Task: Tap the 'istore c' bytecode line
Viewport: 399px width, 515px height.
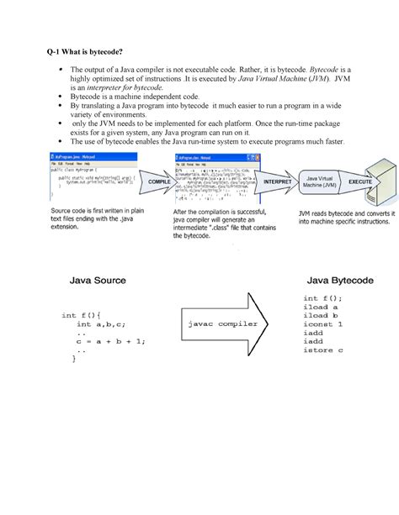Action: [x=325, y=350]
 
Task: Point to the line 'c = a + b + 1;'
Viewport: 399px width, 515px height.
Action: [x=109, y=341]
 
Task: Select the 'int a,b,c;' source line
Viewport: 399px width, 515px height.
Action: [x=101, y=323]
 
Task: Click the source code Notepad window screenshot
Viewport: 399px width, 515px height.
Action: [x=95, y=179]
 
